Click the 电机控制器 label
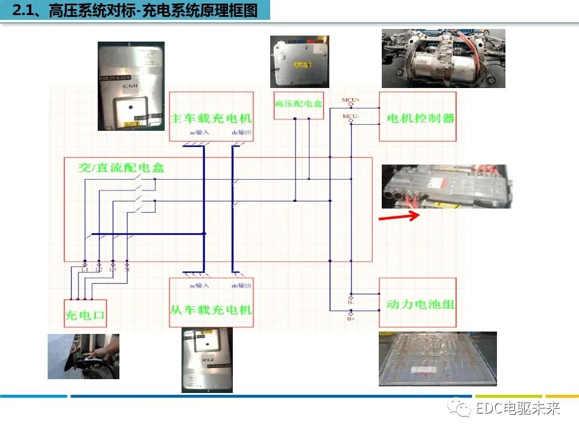click(x=420, y=118)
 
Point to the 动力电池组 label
click(x=420, y=304)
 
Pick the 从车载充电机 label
click(x=211, y=309)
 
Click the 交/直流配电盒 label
click(x=121, y=168)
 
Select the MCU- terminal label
click(x=350, y=116)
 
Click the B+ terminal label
click(x=351, y=318)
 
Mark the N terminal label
click(x=127, y=269)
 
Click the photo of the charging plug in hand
click(x=83, y=356)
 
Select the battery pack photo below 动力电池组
click(x=437, y=359)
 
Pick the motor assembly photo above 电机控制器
click(x=443, y=58)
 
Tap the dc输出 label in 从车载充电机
click(x=241, y=285)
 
